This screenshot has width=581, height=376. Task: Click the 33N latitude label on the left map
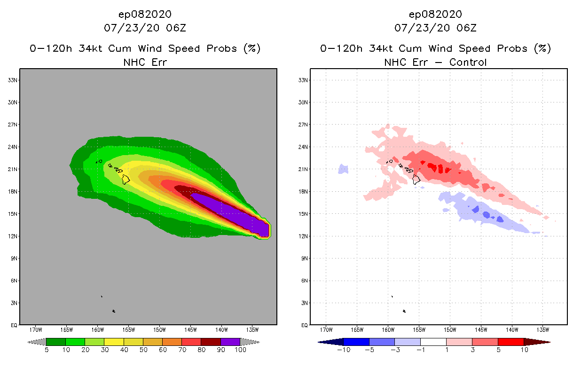click(x=13, y=80)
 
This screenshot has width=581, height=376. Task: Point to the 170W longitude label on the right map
click(x=326, y=329)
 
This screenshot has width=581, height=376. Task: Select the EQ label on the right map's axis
click(x=304, y=325)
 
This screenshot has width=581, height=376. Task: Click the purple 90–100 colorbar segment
click(x=230, y=342)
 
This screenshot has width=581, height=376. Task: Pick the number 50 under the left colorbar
click(x=143, y=350)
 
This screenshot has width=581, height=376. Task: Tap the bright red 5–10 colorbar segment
click(x=510, y=342)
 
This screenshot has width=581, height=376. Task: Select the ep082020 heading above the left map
click(x=145, y=14)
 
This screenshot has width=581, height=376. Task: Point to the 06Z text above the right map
click(x=466, y=28)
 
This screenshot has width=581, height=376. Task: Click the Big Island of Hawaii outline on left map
click(x=126, y=179)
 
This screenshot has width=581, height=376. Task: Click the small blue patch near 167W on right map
click(x=343, y=169)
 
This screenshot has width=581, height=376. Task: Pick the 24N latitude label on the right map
click(x=304, y=147)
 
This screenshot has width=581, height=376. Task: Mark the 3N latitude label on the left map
click(x=14, y=303)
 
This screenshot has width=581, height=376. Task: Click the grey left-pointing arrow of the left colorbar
click(x=37, y=342)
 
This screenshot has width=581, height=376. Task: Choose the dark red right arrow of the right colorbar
click(x=536, y=342)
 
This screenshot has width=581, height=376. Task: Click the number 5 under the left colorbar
click(x=47, y=350)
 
